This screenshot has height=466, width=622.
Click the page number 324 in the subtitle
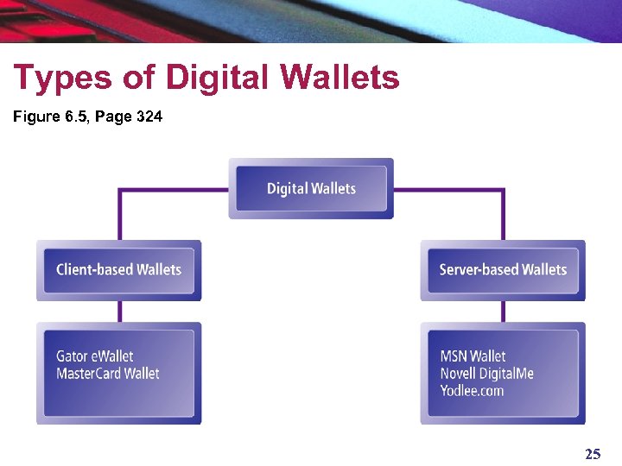pyautogui.click(x=149, y=116)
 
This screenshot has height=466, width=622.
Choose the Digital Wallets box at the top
pyautogui.click(x=311, y=188)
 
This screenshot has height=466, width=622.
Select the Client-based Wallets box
pyautogui.click(x=118, y=270)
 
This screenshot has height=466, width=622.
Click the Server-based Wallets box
pyautogui.click(x=503, y=270)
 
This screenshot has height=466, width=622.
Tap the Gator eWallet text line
pyautogui.click(x=95, y=356)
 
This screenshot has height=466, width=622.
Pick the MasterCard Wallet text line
pyautogui.click(x=108, y=374)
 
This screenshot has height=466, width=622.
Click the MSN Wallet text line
pyautogui.click(x=473, y=356)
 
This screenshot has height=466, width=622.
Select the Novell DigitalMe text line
pyautogui.click(x=487, y=374)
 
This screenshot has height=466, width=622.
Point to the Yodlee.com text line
pyautogui.click(x=472, y=391)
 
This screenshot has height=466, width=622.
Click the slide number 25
pyautogui.click(x=593, y=454)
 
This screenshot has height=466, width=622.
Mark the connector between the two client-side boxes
pyautogui.click(x=119, y=312)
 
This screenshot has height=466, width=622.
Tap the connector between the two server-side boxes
pyautogui.click(x=503, y=312)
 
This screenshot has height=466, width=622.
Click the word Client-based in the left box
pyautogui.click(x=95, y=270)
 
